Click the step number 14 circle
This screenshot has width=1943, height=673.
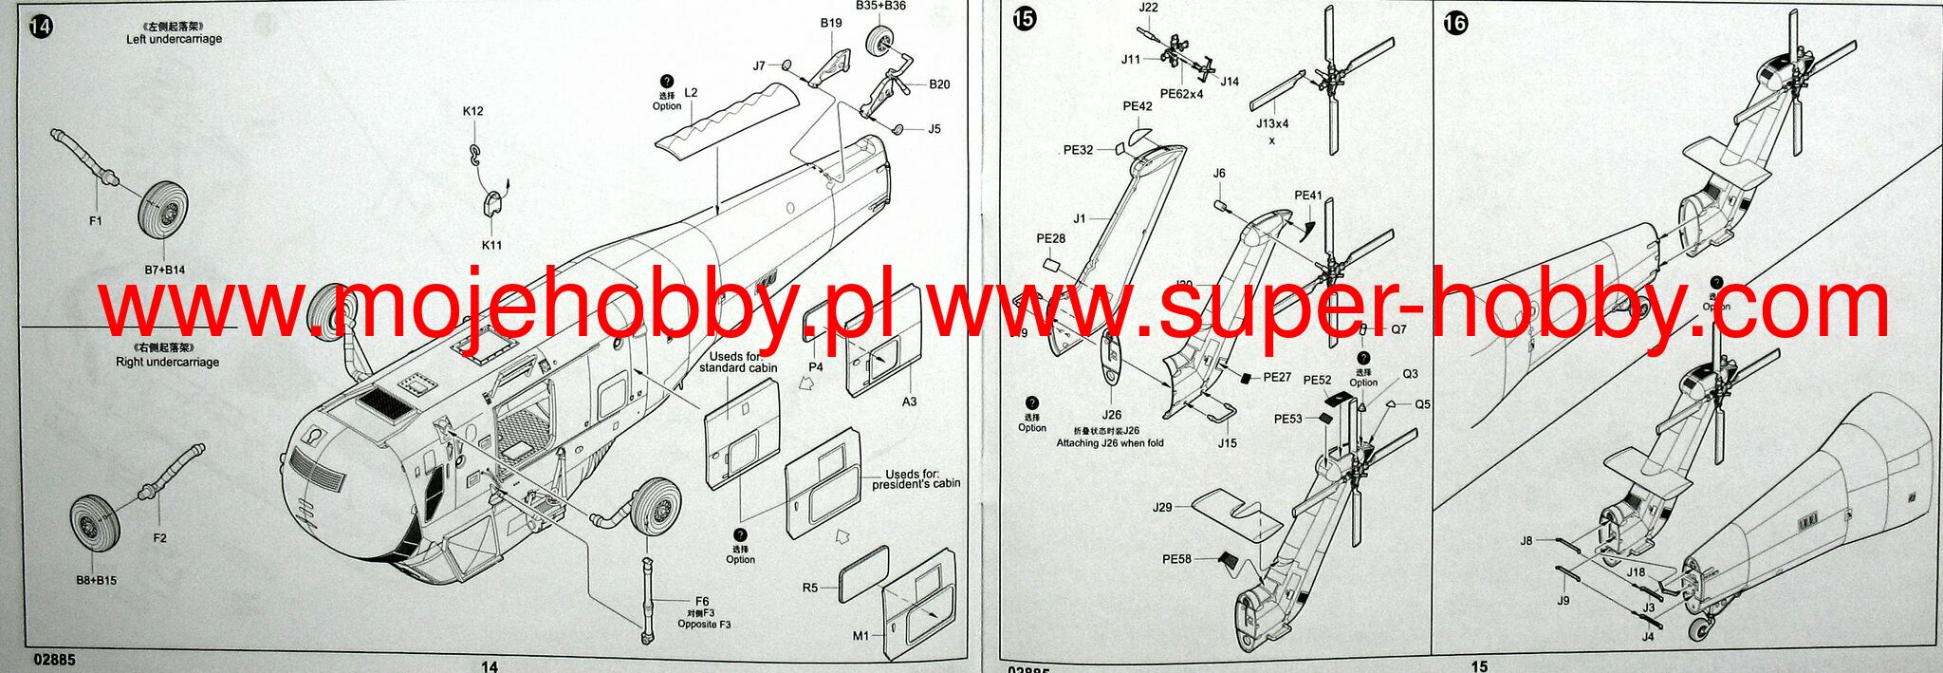coord(42,27)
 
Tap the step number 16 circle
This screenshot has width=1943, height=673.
coord(1454,24)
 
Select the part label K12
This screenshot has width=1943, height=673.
coord(472,111)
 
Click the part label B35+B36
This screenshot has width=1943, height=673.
coord(880,6)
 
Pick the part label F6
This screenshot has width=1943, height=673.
coord(702,601)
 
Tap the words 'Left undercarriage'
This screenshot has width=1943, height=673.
coord(174,39)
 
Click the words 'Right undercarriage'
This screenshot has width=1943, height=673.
coord(167,362)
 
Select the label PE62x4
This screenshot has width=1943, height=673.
coord(1181,94)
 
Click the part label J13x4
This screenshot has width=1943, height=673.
coord(1272,123)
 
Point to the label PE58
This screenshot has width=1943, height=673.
coord(1176,559)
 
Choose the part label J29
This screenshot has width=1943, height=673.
coord(1162,507)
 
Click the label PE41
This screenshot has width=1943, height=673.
coord(1308,196)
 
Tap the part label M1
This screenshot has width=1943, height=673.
coord(860,635)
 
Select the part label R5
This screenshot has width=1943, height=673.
coord(809,588)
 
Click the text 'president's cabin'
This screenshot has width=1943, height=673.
coord(916,484)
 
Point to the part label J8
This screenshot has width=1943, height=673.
coord(1527,541)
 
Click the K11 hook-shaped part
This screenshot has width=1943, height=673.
coord(492,205)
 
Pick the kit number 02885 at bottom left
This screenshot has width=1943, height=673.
coord(54,660)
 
